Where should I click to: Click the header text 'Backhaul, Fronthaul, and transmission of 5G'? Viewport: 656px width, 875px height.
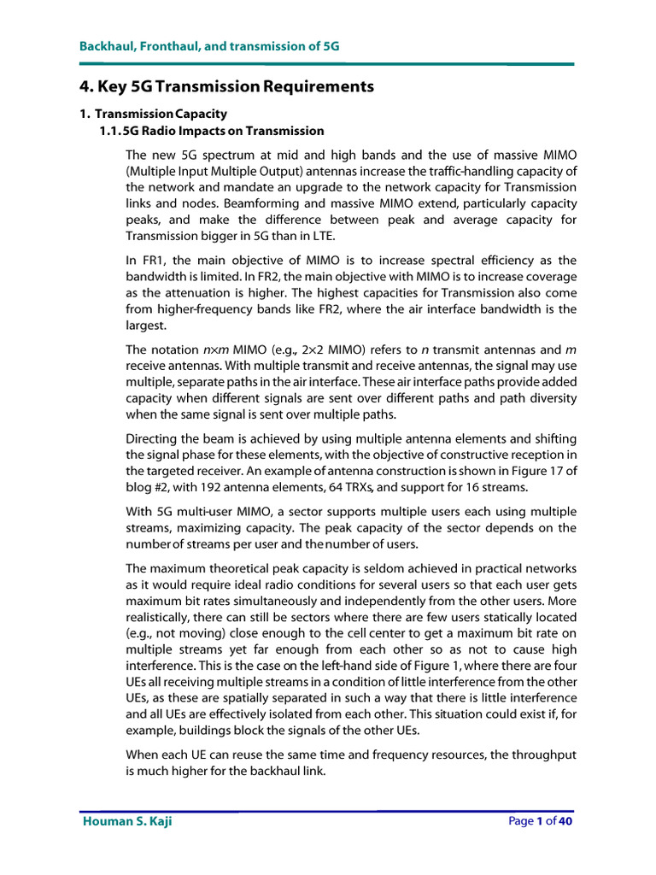click(x=209, y=46)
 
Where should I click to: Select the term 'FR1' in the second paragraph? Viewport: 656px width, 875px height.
click(x=150, y=260)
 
